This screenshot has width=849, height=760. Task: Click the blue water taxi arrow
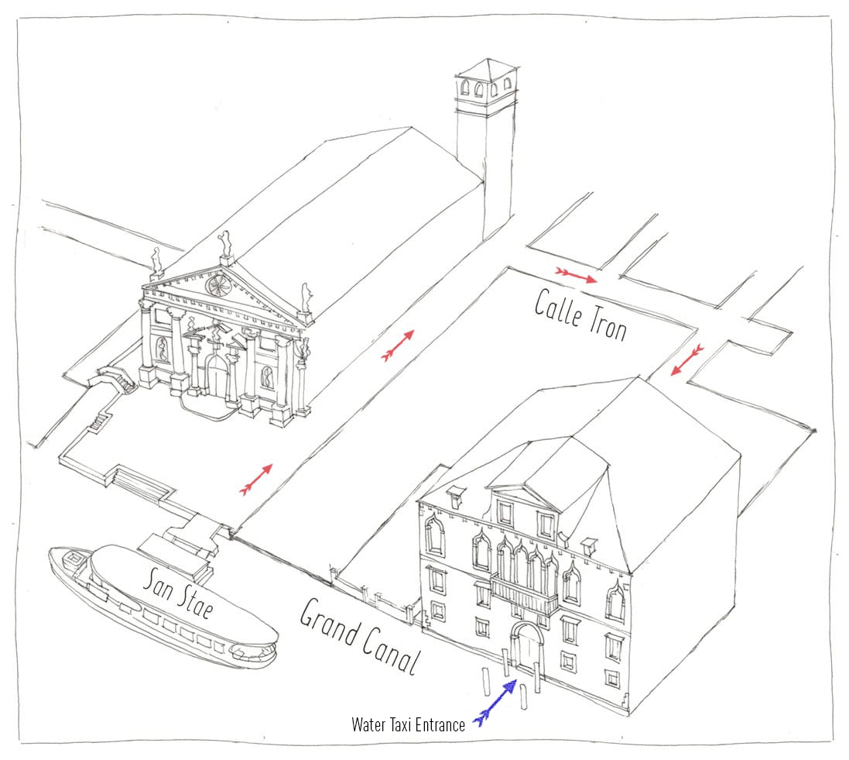pyautogui.click(x=495, y=703)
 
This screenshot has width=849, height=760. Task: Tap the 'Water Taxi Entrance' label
pyautogui.click(x=409, y=725)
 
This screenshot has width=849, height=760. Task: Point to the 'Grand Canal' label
pyautogui.click(x=361, y=636)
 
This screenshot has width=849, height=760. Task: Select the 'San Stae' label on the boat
pyautogui.click(x=178, y=593)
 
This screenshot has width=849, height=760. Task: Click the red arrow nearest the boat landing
pyautogui.click(x=256, y=480)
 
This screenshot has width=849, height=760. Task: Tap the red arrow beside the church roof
pyautogui.click(x=398, y=345)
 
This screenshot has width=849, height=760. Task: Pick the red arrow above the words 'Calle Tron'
pyautogui.click(x=576, y=275)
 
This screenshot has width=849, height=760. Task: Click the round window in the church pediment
pyautogui.click(x=217, y=285)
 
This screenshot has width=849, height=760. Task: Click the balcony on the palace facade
pyautogui.click(x=524, y=593)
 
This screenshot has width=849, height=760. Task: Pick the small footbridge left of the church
pyautogui.click(x=115, y=377)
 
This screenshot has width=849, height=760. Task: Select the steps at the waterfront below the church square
pyautogui.click(x=138, y=481)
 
